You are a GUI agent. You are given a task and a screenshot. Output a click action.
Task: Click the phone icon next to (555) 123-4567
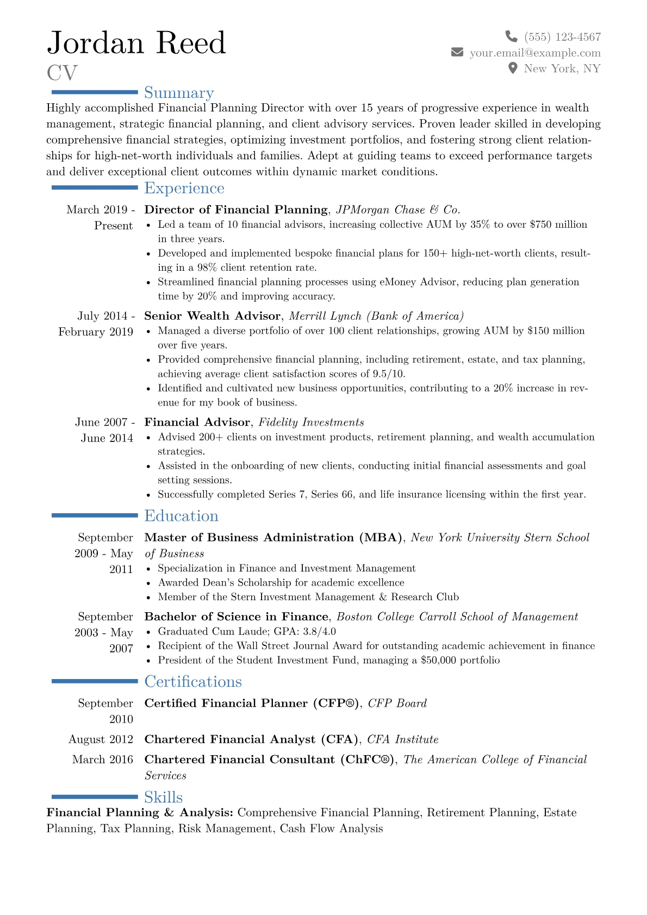(x=511, y=36)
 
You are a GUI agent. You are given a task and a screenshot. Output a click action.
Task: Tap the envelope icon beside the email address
(x=457, y=52)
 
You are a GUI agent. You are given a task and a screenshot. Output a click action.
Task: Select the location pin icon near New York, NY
(x=512, y=68)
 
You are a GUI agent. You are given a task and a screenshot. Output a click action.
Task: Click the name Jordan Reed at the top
(x=136, y=43)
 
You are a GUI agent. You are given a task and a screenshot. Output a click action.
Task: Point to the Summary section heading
(x=179, y=93)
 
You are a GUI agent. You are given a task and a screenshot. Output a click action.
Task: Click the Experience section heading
(x=184, y=188)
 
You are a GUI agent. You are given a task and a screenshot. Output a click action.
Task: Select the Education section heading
(x=181, y=516)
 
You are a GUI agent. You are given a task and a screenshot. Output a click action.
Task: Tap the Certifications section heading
(x=193, y=682)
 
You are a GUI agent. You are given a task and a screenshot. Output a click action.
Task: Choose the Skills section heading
(x=163, y=798)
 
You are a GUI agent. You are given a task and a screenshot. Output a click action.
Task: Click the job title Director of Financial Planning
(x=236, y=210)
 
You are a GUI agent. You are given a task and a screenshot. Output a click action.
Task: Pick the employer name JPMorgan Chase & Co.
(x=398, y=210)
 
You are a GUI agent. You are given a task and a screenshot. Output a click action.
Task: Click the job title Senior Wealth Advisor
(x=213, y=316)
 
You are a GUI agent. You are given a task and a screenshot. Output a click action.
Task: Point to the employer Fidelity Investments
(x=311, y=422)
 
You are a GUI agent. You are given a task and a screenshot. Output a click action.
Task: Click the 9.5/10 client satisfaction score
(x=388, y=374)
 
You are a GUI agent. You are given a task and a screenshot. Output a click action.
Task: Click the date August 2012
(x=101, y=739)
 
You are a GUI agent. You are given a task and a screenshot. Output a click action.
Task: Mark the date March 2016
(x=102, y=760)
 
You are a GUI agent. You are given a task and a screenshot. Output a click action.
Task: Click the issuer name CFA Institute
(x=402, y=739)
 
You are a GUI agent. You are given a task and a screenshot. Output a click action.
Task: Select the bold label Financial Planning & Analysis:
(x=140, y=813)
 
